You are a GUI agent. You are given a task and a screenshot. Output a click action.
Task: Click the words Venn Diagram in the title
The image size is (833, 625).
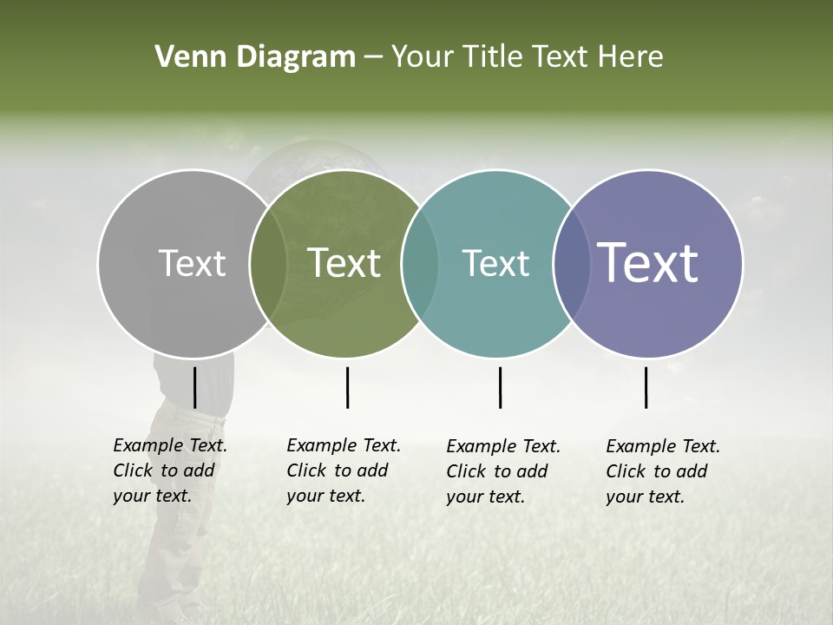click(x=255, y=57)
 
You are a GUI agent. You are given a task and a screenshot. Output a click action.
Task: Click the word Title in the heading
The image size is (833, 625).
click(x=492, y=57)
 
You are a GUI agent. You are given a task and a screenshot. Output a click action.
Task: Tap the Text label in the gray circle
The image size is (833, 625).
click(x=192, y=263)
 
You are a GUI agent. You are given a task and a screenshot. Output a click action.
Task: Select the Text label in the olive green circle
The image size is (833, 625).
click(x=344, y=263)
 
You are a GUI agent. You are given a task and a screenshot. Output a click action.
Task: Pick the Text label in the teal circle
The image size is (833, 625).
click(x=495, y=263)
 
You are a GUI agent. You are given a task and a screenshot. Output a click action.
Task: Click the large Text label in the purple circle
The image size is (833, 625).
click(x=648, y=263)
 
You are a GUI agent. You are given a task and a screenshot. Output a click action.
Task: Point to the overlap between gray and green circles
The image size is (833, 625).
click(x=268, y=263)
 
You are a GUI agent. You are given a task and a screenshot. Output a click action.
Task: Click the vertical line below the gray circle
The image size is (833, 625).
click(x=194, y=387)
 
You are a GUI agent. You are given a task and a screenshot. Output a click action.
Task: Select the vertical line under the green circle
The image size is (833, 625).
click(x=347, y=387)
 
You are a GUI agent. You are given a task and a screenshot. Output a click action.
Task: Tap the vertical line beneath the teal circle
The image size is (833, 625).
click(x=500, y=387)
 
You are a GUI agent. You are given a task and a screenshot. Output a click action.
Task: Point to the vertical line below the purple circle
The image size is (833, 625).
click(x=646, y=387)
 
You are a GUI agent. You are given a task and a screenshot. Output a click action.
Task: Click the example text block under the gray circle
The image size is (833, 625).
click(x=169, y=470)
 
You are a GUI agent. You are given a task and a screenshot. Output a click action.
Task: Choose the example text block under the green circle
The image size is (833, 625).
click(x=343, y=470)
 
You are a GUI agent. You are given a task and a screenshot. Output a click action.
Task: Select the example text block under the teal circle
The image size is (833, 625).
click(x=502, y=471)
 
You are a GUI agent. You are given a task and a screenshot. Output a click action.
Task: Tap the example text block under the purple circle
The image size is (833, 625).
click(x=662, y=471)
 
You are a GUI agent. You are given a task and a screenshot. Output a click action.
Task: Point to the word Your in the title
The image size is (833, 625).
click(x=422, y=57)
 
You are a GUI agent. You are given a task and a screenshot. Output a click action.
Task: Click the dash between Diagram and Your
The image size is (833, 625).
click(x=373, y=57)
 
